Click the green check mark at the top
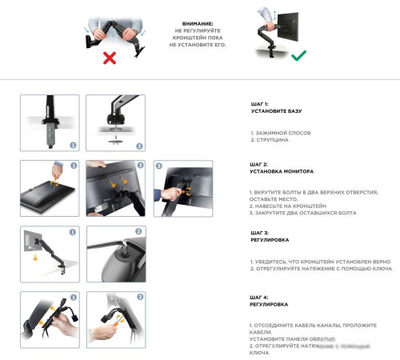click(298, 57)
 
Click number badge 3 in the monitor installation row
click(159, 166)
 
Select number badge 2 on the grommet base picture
click(138, 146)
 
